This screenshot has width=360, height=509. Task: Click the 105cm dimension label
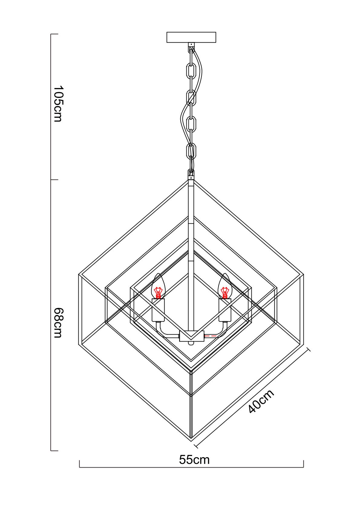tap(57, 104)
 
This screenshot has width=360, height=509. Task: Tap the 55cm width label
tap(194, 460)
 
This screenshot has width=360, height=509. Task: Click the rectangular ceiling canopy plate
tap(191, 37)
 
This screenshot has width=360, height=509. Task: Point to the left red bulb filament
tap(158, 293)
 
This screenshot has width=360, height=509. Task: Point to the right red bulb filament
tap(225, 293)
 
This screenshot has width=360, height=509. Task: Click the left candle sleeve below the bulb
tap(158, 310)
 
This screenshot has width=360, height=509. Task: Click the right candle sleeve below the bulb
tap(225, 310)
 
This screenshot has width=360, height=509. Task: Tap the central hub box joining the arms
tap(191, 336)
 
